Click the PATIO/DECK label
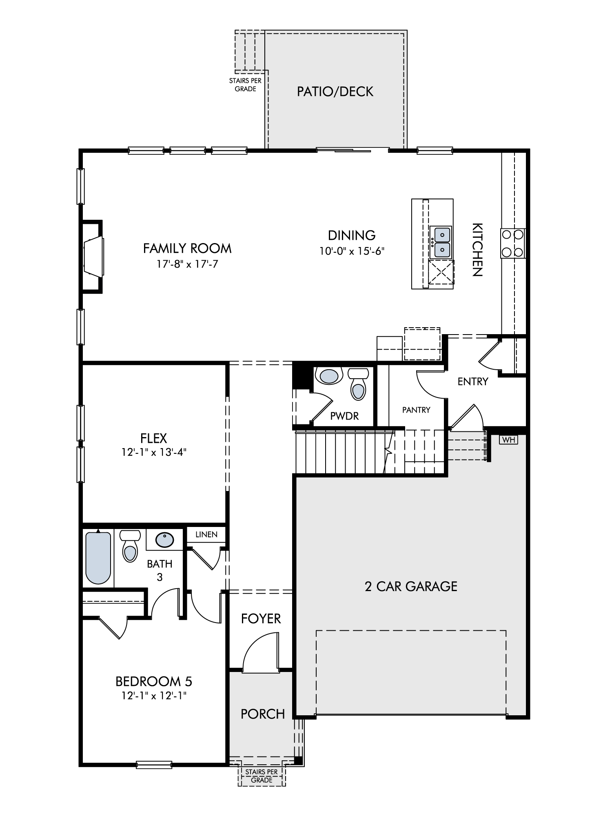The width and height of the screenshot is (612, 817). click(x=335, y=92)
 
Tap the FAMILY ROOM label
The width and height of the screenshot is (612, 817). click(x=187, y=248)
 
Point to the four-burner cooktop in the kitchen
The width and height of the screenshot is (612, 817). click(x=513, y=243)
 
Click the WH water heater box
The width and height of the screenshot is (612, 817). click(x=508, y=440)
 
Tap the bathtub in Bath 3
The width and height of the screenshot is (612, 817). click(x=98, y=558)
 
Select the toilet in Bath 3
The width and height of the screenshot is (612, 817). click(x=130, y=546)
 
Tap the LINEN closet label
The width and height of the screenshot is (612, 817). click(x=206, y=534)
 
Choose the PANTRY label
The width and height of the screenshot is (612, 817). click(x=416, y=410)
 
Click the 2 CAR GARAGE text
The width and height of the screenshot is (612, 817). click(x=411, y=587)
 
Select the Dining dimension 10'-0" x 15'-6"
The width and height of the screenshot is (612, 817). click(x=352, y=250)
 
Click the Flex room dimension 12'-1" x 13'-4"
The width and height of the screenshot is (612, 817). click(x=154, y=452)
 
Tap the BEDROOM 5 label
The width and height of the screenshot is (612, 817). click(x=154, y=681)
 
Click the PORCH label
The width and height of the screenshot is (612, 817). click(x=263, y=714)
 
